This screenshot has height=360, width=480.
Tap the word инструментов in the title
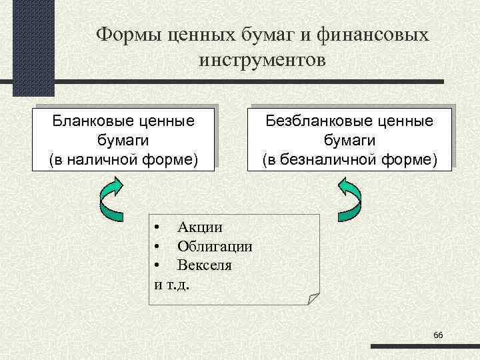pos(262,61)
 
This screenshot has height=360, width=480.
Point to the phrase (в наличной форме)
pos(124,160)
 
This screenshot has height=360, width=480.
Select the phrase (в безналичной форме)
pos(350,160)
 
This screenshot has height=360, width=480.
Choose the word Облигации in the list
pos(215,246)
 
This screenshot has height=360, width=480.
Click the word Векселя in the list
pos(205,265)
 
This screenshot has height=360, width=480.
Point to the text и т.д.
pos(171,283)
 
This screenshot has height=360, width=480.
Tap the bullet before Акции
pos(155,228)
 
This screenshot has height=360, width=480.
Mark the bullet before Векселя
pos(155,265)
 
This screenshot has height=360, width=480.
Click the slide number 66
pos(438,334)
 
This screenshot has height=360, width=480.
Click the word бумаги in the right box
pos(350,141)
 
